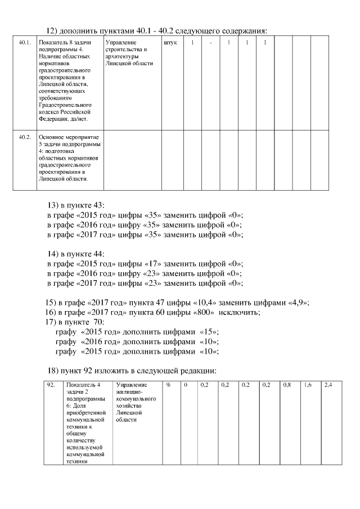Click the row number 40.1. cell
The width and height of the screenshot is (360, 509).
point(24,43)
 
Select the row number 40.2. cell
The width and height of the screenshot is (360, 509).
point(24,137)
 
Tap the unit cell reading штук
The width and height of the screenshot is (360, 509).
point(169,43)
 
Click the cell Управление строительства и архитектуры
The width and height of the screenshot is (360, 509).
point(128,53)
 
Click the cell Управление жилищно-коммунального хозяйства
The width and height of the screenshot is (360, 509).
point(135,402)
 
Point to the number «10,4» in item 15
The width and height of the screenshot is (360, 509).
point(217,302)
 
